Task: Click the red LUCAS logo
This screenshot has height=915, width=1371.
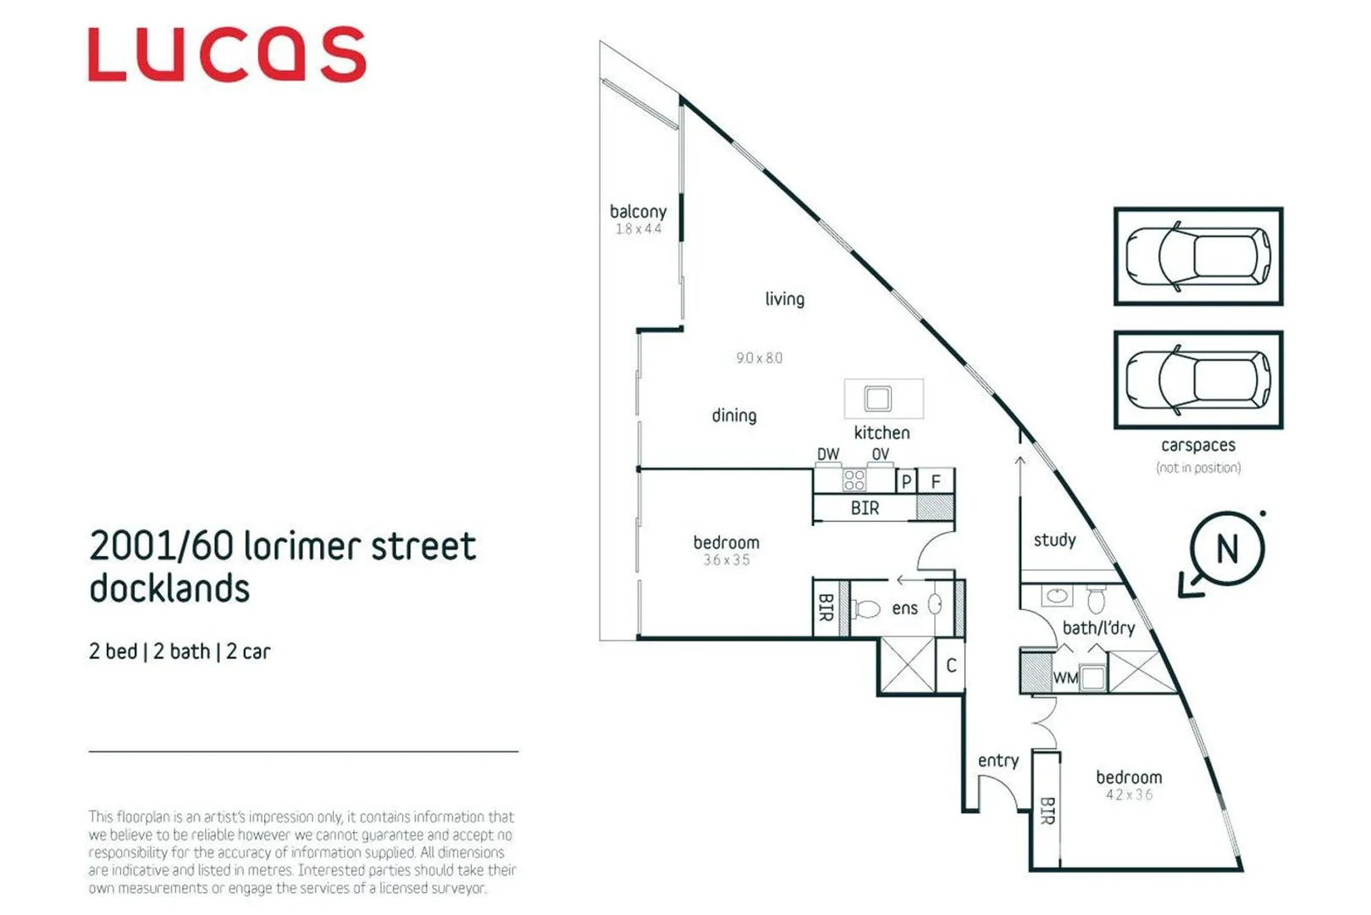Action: tap(227, 55)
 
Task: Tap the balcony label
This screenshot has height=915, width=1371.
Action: tap(638, 212)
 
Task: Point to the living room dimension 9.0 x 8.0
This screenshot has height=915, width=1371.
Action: tap(759, 358)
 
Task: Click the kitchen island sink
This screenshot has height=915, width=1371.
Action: tap(877, 398)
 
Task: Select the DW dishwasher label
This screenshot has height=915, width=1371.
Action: tap(827, 455)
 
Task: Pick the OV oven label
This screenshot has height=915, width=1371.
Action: tap(881, 455)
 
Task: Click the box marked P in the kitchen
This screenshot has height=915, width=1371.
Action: tap(906, 481)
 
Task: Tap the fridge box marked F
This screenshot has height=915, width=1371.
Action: tap(936, 481)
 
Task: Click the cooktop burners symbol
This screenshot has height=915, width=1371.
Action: tap(854, 480)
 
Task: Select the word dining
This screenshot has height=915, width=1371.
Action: tap(733, 416)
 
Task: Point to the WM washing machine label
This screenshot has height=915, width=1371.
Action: tap(1064, 678)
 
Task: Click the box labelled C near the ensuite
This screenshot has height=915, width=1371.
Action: tap(951, 666)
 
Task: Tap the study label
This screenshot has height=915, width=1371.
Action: tap(1054, 541)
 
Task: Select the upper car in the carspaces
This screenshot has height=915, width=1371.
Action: tap(1197, 256)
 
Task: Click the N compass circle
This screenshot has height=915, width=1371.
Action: tap(1227, 549)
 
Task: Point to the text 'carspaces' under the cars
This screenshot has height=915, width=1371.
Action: tap(1197, 446)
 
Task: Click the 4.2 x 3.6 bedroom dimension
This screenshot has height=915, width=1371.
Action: tap(1129, 795)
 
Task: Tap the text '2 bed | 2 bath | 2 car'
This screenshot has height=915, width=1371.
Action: tap(180, 652)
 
